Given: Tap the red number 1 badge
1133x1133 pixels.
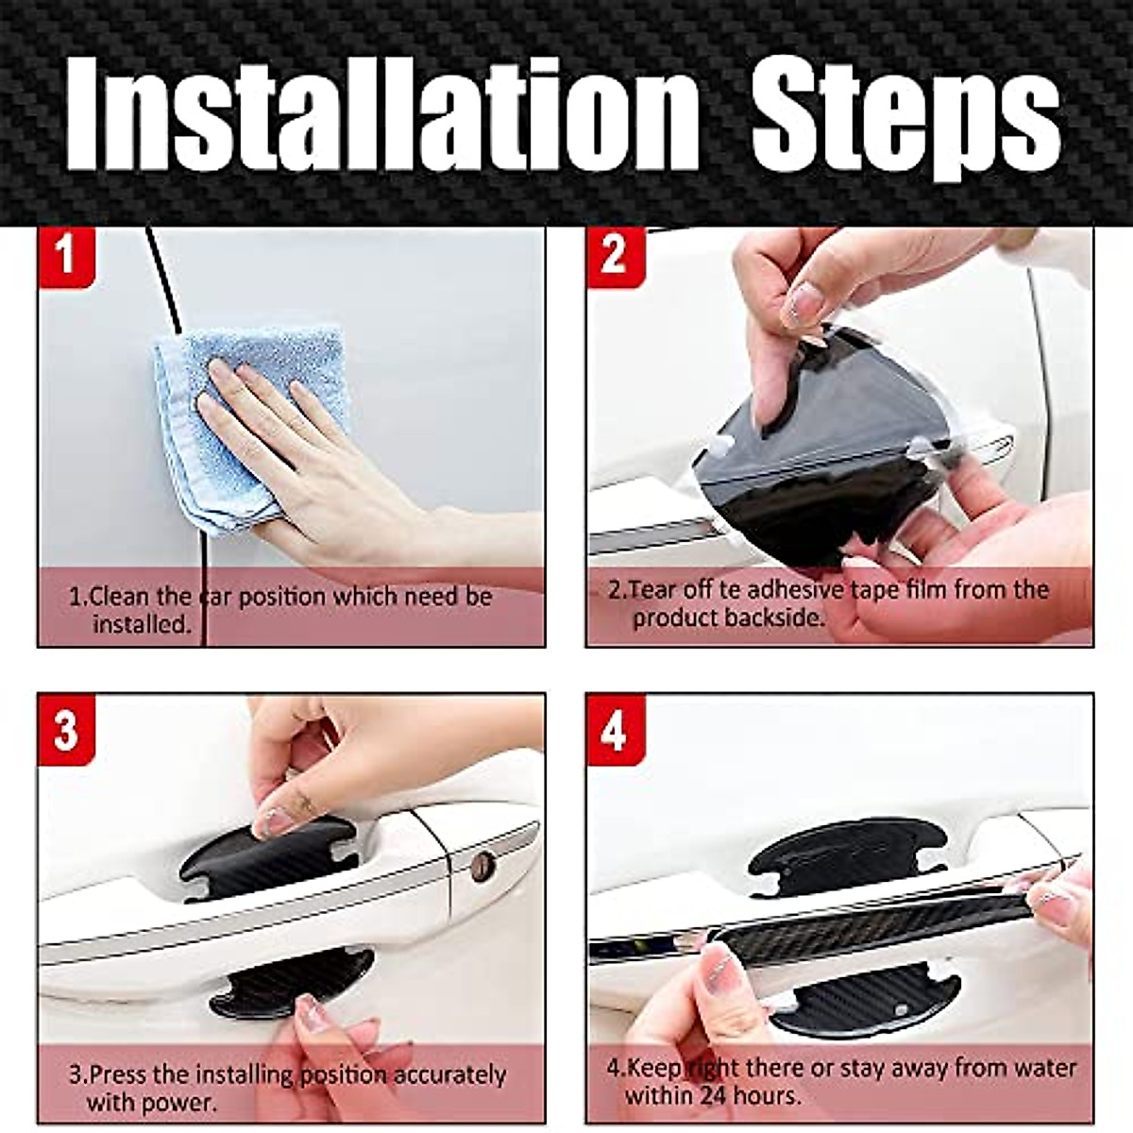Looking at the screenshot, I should point(65,255).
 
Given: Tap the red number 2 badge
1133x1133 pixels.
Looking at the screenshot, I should point(614,255).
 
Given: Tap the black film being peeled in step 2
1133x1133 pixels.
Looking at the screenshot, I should point(812,472).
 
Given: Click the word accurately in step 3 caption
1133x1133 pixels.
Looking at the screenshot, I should point(448,1074).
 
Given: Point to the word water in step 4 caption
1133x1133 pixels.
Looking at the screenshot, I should point(1039,1068).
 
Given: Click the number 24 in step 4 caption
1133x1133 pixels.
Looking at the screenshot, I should point(714,1096).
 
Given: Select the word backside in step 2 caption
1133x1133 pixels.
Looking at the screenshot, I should point(775,618).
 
